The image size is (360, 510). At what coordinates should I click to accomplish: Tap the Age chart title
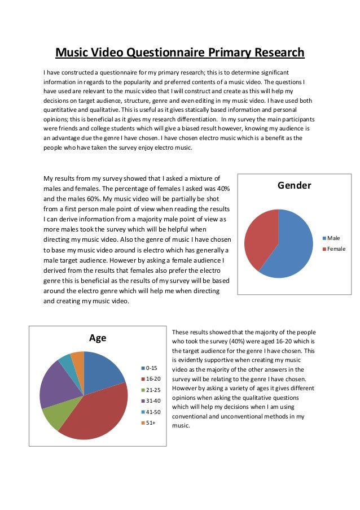click(98, 338)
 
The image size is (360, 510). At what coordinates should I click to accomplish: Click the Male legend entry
click(333, 238)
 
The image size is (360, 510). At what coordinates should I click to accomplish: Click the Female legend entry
click(336, 249)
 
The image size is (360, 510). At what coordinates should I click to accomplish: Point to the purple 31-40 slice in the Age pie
click(54, 384)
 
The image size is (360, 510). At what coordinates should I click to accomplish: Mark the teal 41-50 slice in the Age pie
click(66, 362)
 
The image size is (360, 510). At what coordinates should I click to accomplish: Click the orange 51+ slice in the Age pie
click(78, 358)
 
